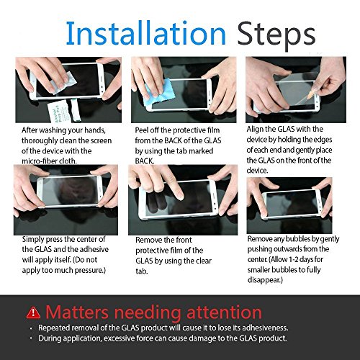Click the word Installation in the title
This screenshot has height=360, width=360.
(x=146, y=33)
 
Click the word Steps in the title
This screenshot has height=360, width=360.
(x=276, y=36)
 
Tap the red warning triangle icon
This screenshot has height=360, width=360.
(x=33, y=312)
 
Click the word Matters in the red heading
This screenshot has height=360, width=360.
(x=77, y=312)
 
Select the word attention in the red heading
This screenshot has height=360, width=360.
(x=224, y=312)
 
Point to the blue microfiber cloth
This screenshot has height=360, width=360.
(x=159, y=93)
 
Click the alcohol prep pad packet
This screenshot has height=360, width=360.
(x=59, y=112)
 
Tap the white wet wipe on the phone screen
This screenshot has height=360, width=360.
(x=63, y=83)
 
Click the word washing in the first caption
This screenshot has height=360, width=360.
(x=52, y=130)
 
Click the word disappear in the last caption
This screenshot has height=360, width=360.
(x=264, y=280)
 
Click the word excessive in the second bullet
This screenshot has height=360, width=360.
(x=120, y=338)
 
